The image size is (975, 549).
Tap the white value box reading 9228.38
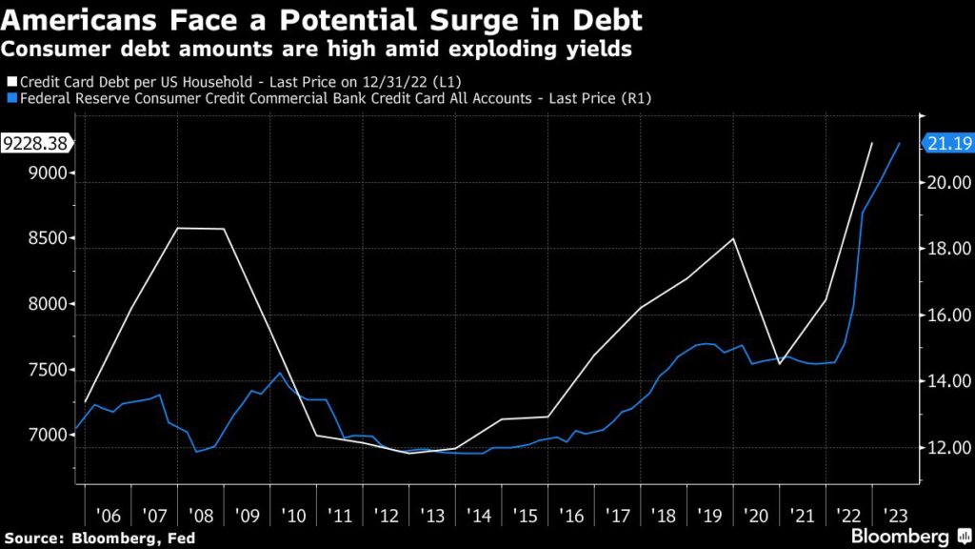coord(35,144)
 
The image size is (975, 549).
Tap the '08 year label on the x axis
coord(201,516)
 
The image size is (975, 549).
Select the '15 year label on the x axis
coord(525,516)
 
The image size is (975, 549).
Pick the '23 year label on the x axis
coord(895,516)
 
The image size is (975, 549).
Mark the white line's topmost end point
coord(871,143)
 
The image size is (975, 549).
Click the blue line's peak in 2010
coord(279,373)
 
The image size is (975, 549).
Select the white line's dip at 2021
coord(780,363)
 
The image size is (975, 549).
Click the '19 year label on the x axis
coord(710,516)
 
